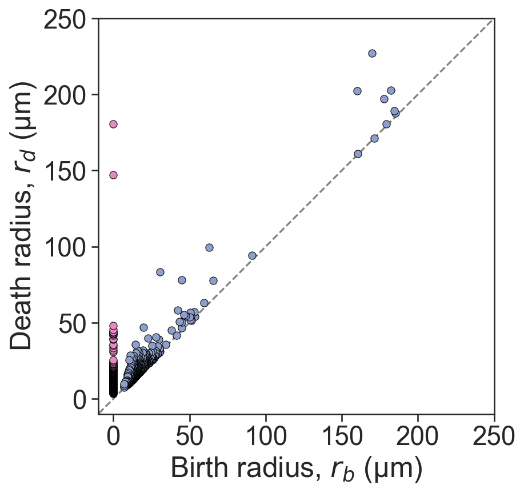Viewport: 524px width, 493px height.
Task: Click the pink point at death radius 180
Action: [113, 124]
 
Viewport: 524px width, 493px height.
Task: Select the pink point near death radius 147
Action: [113, 175]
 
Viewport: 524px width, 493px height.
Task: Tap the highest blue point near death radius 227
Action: [372, 53]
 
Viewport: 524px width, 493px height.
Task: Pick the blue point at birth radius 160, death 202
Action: [357, 91]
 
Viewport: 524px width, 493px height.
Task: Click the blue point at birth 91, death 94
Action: [252, 255]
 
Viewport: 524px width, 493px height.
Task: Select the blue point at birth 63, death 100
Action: [209, 247]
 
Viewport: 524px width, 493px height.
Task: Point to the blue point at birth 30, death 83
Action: [160, 272]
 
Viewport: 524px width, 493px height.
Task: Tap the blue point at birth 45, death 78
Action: [182, 280]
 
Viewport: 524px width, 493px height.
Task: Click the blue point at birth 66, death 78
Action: [213, 280]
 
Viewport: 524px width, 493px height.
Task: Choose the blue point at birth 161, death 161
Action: [358, 154]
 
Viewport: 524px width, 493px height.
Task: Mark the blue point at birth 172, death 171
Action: [374, 138]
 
